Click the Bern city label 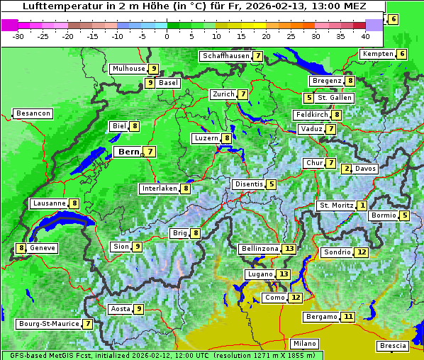(128, 152)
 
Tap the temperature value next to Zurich (243, 94)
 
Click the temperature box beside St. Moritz (362, 206)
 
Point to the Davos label (365, 169)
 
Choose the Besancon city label (33, 113)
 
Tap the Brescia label (393, 346)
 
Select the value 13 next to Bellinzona (289, 249)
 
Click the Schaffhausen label (225, 56)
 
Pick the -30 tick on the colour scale (18, 36)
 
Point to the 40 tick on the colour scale (365, 36)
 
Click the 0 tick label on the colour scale (167, 36)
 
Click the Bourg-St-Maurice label (48, 324)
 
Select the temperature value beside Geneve (22, 248)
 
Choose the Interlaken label (159, 189)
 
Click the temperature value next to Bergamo (347, 317)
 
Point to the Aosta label (121, 309)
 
